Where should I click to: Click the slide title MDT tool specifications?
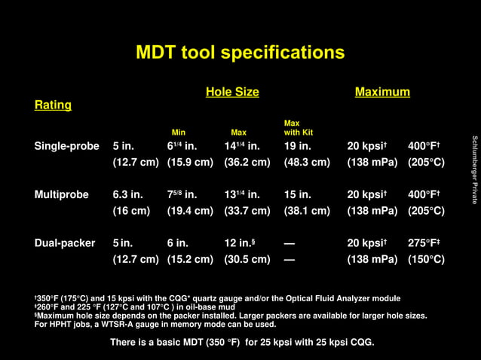point(240,53)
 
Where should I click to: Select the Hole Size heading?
point(232,92)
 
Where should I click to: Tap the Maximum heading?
point(382,92)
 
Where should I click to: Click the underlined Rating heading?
point(53,105)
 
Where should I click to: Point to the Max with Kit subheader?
point(298,127)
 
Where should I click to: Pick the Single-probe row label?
point(66,146)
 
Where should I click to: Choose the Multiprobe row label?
point(61,194)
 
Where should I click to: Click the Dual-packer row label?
point(65,243)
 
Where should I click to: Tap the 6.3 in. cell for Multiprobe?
point(127,194)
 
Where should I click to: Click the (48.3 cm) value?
point(307,162)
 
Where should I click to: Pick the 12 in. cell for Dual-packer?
point(242,243)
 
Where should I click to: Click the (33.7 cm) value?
point(247,211)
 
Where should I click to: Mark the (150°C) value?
point(426,259)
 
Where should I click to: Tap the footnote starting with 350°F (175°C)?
point(218,299)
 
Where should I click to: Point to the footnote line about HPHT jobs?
point(155,325)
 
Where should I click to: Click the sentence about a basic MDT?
point(241,343)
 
